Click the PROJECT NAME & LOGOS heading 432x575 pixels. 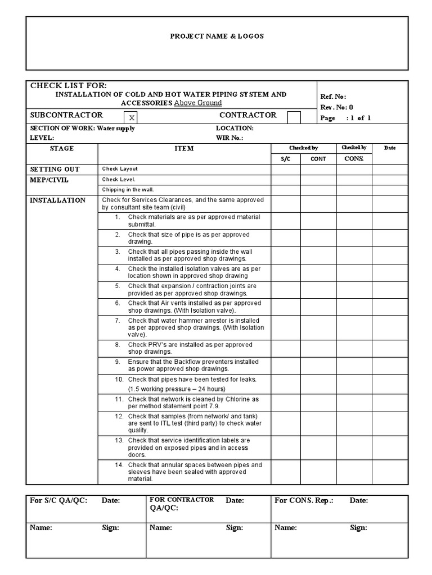point(217,36)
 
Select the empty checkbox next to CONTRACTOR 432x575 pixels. point(294,117)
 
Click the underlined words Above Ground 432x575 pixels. point(197,103)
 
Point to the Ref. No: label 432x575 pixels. point(334,97)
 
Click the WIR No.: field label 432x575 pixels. point(229,138)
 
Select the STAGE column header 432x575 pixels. point(62,149)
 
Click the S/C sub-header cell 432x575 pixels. point(285,159)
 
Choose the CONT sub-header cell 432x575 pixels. point(318,159)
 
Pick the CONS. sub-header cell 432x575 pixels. point(354,159)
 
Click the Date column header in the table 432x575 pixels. point(390,148)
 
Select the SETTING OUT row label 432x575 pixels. point(55,169)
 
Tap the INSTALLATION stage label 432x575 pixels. point(57,200)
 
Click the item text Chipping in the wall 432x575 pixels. point(128,190)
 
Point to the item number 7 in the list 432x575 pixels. point(118,321)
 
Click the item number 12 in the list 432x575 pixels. point(119,417)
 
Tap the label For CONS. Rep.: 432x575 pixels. point(304,501)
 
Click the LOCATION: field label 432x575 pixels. point(235,129)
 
